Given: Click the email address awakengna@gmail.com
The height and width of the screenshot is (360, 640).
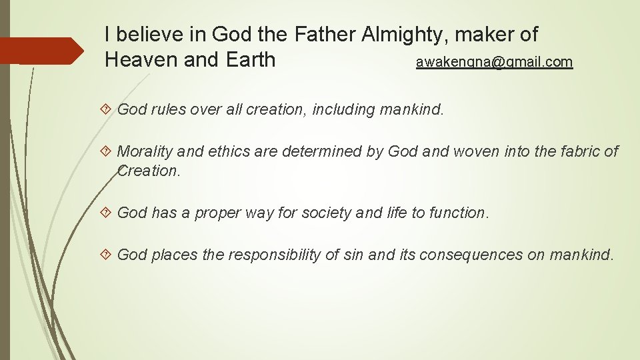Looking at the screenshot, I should [x=494, y=62].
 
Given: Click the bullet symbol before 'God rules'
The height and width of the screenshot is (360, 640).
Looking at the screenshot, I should [x=109, y=109].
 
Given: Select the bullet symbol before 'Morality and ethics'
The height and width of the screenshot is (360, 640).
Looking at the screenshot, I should [x=109, y=152].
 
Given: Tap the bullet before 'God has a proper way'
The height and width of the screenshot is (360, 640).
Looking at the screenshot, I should [x=109, y=213].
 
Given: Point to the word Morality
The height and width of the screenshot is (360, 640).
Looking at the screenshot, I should [x=144, y=152].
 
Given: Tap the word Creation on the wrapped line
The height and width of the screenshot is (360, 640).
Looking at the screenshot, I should [x=147, y=171].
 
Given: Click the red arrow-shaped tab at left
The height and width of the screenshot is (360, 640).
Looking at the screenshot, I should [x=41, y=51].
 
